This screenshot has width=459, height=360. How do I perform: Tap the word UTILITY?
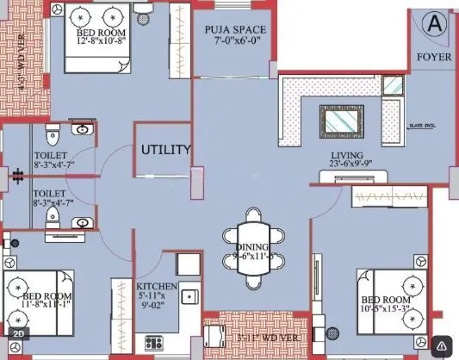click(165, 150)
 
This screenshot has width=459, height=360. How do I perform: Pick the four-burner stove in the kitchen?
click(188, 266)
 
